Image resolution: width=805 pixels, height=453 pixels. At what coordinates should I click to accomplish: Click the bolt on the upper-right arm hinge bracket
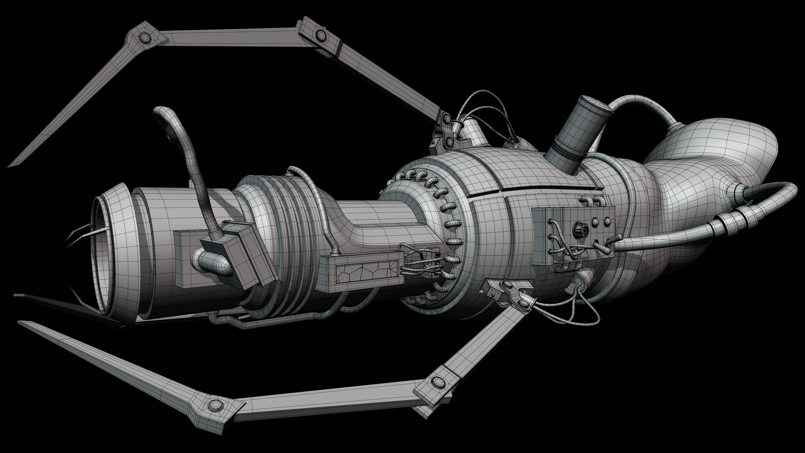coord(320,35)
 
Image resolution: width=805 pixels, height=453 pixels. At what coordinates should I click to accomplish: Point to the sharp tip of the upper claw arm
coord(9,166)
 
